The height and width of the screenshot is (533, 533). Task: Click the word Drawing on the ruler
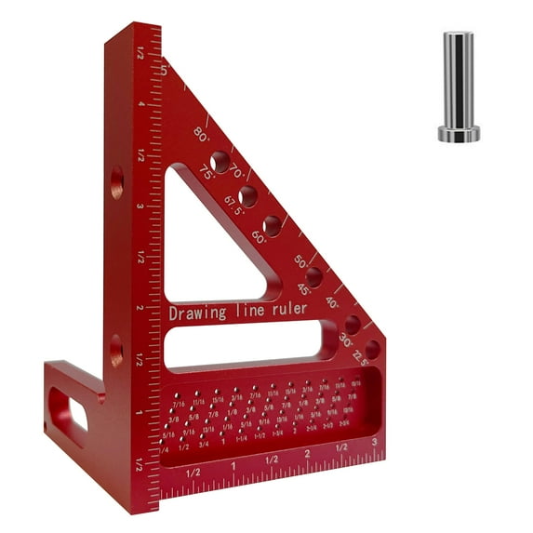(196, 313)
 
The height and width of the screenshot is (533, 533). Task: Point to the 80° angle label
(202, 133)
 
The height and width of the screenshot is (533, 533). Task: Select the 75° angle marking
(207, 172)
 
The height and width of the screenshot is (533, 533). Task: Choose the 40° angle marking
(333, 302)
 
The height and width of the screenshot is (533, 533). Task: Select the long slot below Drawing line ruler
(251, 341)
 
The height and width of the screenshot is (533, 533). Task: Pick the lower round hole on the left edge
(116, 351)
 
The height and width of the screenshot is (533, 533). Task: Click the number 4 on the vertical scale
(141, 103)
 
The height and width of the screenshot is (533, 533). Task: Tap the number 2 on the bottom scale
(307, 455)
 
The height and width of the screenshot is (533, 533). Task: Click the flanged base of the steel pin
(459, 134)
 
